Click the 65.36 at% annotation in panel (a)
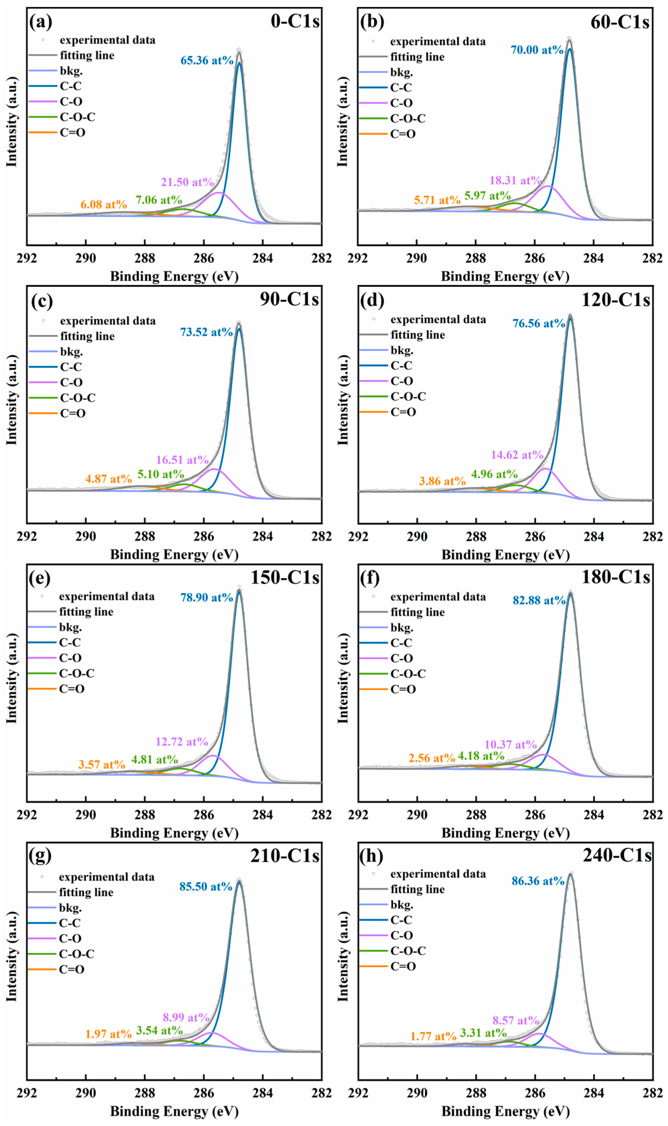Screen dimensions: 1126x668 [206, 60]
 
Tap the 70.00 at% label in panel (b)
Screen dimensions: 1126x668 [537, 50]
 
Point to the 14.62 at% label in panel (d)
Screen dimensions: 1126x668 [517, 455]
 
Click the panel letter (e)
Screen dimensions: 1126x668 [40, 578]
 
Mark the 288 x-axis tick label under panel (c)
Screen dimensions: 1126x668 [145, 537]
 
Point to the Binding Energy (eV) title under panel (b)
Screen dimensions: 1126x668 [505, 276]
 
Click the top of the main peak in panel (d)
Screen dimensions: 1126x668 [570, 315]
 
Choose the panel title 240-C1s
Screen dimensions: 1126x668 [617, 855]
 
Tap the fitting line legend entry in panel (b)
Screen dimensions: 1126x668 [417, 57]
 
